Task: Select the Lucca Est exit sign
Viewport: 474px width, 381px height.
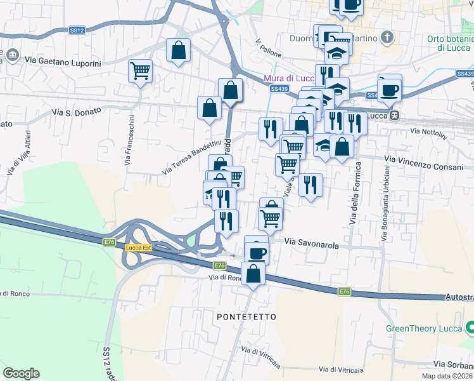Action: (138, 248)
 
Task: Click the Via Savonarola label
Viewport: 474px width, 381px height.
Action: (311, 243)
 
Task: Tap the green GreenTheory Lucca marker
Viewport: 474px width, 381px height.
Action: (470, 328)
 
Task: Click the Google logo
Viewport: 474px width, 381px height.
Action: (21, 373)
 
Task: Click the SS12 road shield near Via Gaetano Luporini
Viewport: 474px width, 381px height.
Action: (77, 30)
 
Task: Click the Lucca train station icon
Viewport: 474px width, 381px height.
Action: (395, 116)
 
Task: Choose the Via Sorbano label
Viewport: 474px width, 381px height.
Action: (453, 364)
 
